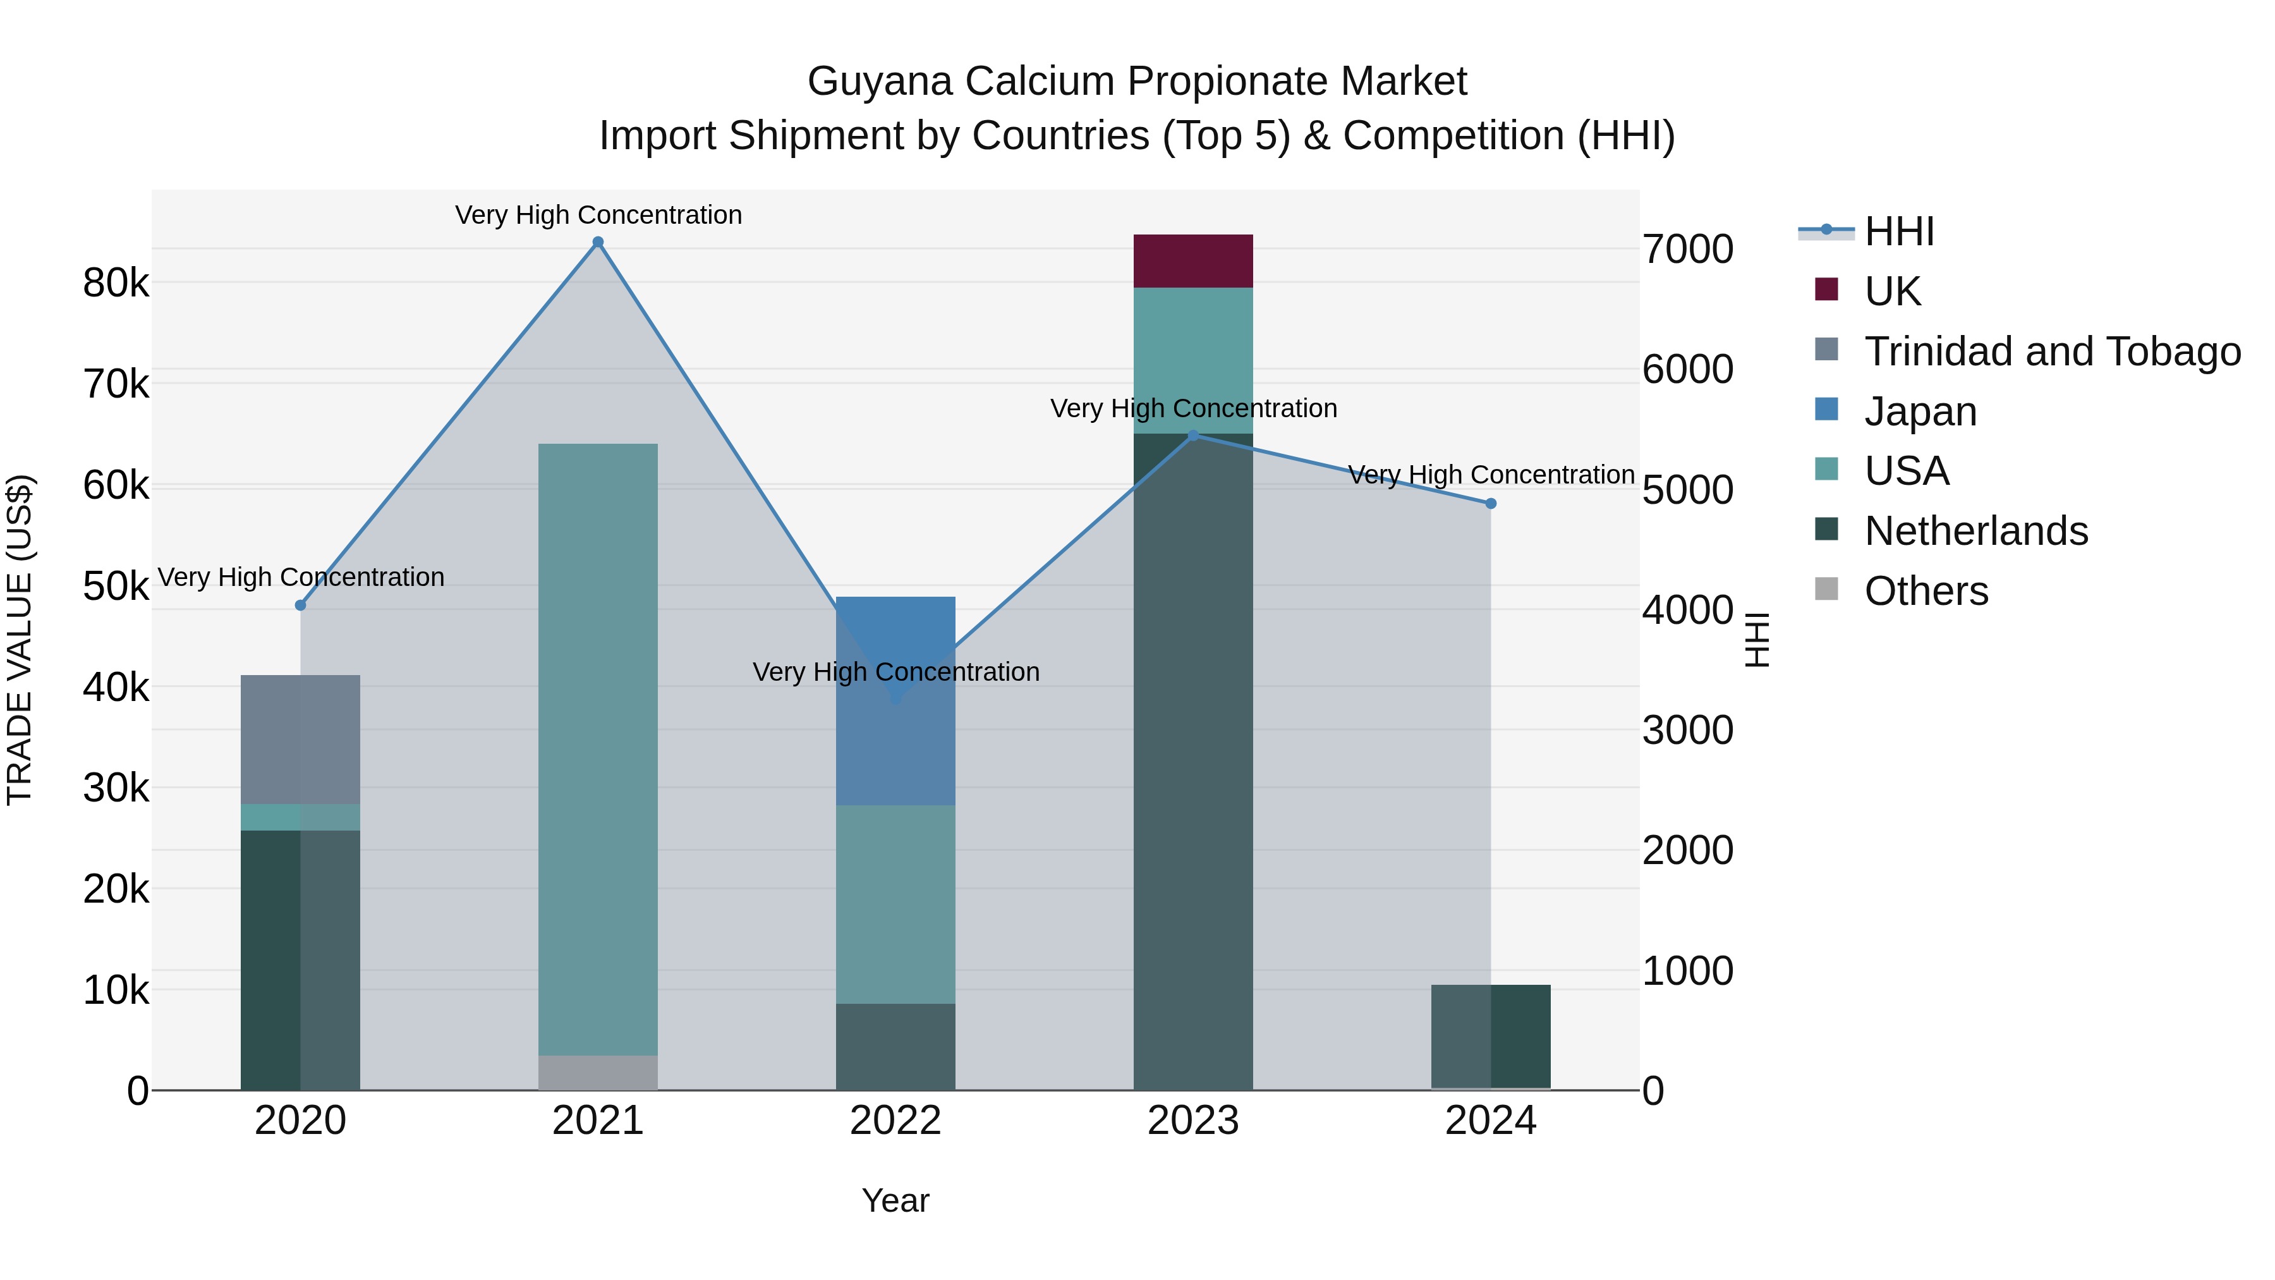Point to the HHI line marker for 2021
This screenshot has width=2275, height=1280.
point(598,242)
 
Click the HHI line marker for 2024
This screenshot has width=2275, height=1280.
point(1491,504)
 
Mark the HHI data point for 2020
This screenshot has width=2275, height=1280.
point(300,605)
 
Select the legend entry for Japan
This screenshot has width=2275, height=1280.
point(1919,411)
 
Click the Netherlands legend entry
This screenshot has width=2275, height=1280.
point(1975,531)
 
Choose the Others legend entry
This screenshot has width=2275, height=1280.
point(1926,591)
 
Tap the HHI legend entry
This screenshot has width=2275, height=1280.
point(1899,231)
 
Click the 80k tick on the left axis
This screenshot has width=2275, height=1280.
point(116,284)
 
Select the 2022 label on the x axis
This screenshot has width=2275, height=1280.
point(895,1121)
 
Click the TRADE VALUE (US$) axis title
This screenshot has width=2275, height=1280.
point(20,640)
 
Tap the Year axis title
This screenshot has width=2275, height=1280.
point(895,1200)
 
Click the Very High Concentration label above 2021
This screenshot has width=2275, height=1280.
point(598,215)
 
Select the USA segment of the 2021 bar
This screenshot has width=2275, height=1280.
point(598,749)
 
